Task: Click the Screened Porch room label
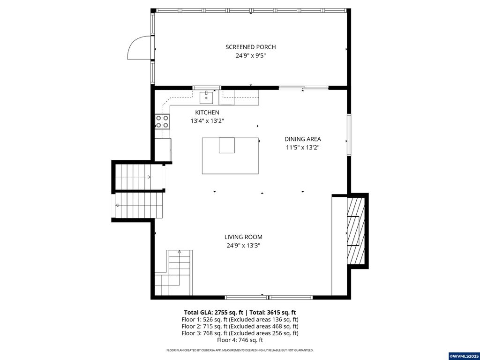click(x=250, y=47)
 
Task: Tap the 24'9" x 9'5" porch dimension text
click(x=250, y=56)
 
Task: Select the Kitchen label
click(x=207, y=112)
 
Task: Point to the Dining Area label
click(x=303, y=139)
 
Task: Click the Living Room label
click(x=243, y=237)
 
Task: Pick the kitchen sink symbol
click(x=206, y=97)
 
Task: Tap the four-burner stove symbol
click(x=162, y=121)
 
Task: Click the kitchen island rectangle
click(x=230, y=156)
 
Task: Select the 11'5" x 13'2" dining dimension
click(x=303, y=147)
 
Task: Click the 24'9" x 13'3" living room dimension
click(x=243, y=246)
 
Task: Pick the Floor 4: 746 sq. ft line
click(x=240, y=340)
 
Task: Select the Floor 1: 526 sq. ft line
click(x=240, y=319)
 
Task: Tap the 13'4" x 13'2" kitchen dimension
click(x=207, y=121)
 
